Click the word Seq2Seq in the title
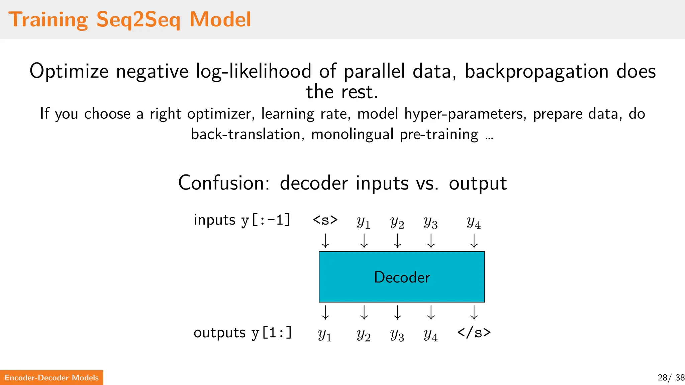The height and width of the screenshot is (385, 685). click(x=138, y=20)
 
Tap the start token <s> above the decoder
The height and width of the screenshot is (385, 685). click(x=325, y=220)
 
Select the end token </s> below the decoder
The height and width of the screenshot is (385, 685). click(x=474, y=333)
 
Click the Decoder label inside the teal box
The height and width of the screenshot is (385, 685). click(x=402, y=277)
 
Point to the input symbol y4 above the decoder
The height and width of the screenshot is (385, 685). click(x=474, y=222)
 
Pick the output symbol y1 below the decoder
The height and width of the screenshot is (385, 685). click(x=325, y=334)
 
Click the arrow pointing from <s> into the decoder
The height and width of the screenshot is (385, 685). click(x=325, y=241)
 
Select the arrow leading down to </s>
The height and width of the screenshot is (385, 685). click(x=474, y=313)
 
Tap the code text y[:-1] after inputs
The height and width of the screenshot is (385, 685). click(x=266, y=220)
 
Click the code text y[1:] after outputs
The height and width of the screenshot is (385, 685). click(x=272, y=333)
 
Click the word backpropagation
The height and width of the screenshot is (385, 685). click(x=536, y=72)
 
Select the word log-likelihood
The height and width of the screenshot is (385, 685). click(x=254, y=72)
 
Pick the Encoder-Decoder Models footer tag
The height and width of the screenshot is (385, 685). click(x=52, y=378)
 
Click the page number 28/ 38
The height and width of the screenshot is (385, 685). click(x=671, y=378)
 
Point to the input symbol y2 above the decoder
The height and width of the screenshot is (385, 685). click(x=397, y=222)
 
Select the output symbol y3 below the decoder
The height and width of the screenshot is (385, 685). click(x=397, y=334)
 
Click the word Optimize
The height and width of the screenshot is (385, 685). click(x=69, y=72)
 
